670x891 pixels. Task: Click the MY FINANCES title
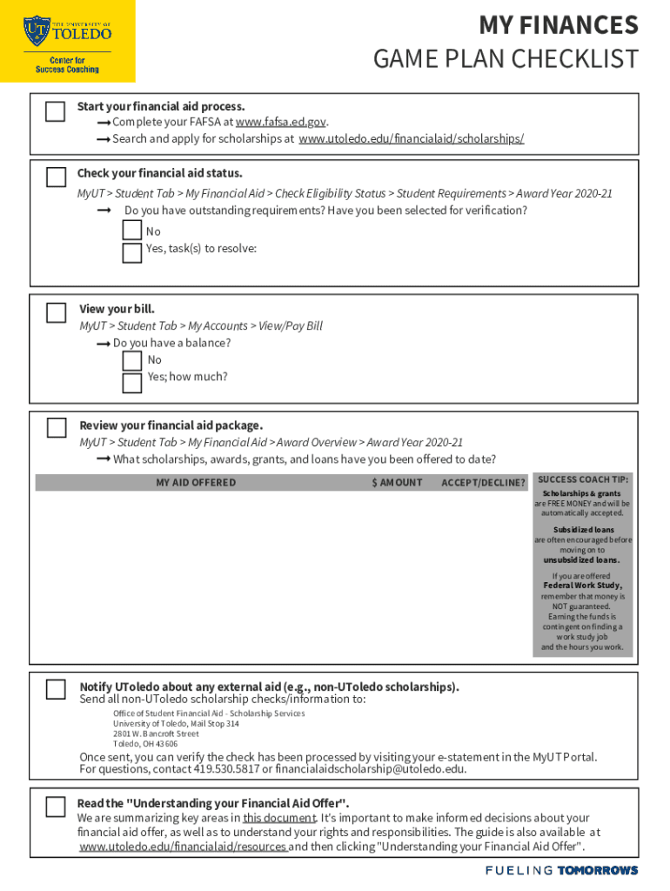[x=559, y=24]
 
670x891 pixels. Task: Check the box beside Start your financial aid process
[x=56, y=111]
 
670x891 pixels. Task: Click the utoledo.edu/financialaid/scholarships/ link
[x=411, y=139]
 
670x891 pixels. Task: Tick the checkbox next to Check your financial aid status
[x=56, y=178]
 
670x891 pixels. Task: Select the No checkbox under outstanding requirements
[x=132, y=231]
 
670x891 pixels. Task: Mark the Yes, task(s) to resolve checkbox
[x=132, y=252]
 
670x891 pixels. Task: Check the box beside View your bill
[x=56, y=312]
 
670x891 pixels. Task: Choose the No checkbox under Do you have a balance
[x=132, y=360]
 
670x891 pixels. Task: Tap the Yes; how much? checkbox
[x=132, y=382]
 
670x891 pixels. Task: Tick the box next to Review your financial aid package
[x=56, y=427]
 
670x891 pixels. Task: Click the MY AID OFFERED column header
[x=196, y=483]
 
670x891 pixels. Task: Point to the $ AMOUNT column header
[x=397, y=483]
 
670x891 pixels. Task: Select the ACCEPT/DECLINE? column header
[x=483, y=483]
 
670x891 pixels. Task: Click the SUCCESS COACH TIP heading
[x=583, y=479]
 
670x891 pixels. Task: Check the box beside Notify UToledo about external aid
[x=56, y=689]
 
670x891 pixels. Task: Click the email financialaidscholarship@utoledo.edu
[x=370, y=769]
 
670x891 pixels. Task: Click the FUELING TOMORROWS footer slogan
[x=561, y=870]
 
